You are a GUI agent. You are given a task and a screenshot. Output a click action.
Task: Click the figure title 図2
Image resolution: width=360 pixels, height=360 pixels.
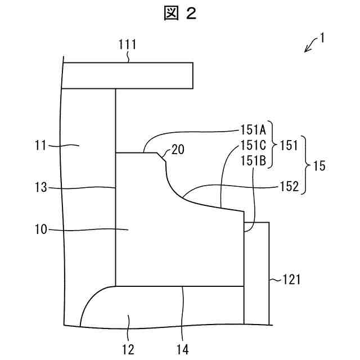(x=180, y=14)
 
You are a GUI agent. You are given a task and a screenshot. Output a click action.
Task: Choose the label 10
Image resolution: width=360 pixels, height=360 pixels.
(x=41, y=229)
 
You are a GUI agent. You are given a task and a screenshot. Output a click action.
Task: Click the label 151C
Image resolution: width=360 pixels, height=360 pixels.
(x=255, y=145)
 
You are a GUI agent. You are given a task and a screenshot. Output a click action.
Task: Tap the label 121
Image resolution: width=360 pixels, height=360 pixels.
(x=291, y=279)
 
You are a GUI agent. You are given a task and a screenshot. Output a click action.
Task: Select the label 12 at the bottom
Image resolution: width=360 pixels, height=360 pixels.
(x=128, y=349)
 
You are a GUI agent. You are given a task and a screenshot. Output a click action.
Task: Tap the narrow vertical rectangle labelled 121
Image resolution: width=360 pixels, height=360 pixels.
(x=256, y=273)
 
